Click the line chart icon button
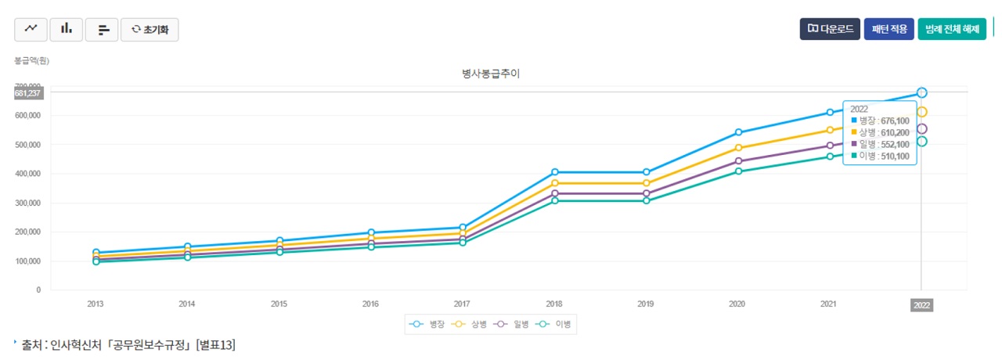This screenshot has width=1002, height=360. pos(31,29)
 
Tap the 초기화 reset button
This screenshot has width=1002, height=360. pos(150,30)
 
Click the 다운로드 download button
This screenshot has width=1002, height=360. pos(830,29)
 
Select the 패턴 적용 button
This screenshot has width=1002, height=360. pos(888,29)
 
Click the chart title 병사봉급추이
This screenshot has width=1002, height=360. pos(491,74)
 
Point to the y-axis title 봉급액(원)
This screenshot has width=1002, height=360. pos(31,60)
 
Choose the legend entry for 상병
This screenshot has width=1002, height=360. pos(470,323)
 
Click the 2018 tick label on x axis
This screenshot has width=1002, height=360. pos(554,304)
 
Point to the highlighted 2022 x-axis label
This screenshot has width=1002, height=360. pos(921,305)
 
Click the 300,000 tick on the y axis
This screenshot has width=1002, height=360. pos(28,203)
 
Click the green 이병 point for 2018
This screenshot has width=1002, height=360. pos(554,201)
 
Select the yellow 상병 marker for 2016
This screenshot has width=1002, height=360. pos(371,239)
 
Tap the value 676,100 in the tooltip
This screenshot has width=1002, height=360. pos(895,121)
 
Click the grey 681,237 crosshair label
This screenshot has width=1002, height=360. pos(27,93)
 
